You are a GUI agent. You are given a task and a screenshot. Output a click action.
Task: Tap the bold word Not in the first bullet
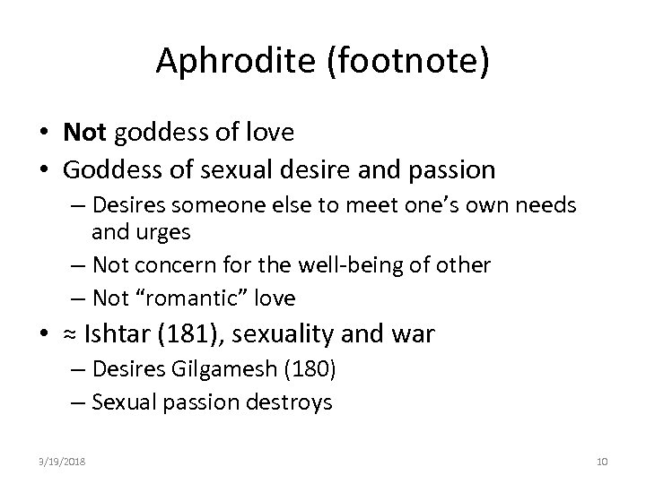(83, 134)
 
